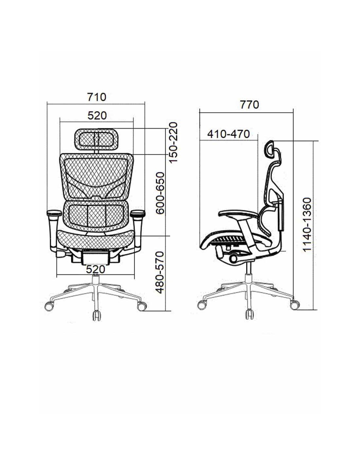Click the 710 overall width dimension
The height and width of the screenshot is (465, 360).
tap(97, 97)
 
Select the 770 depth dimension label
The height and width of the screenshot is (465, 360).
tap(249, 105)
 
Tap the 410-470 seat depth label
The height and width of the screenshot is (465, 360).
tap(228, 134)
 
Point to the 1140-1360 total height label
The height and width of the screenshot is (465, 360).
tap(307, 224)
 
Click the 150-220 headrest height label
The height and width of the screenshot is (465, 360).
tap(173, 143)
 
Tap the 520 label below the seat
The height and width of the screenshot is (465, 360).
tap(96, 269)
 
